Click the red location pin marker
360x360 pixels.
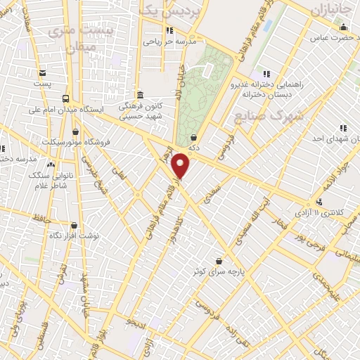(x=181, y=166)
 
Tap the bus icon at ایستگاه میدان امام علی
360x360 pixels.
(x=65, y=98)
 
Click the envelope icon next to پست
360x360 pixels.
(x=42, y=72)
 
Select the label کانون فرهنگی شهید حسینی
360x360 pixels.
(x=139, y=110)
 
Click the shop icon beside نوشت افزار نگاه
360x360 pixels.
(x=74, y=226)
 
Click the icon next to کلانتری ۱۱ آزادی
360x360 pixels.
(x=320, y=202)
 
